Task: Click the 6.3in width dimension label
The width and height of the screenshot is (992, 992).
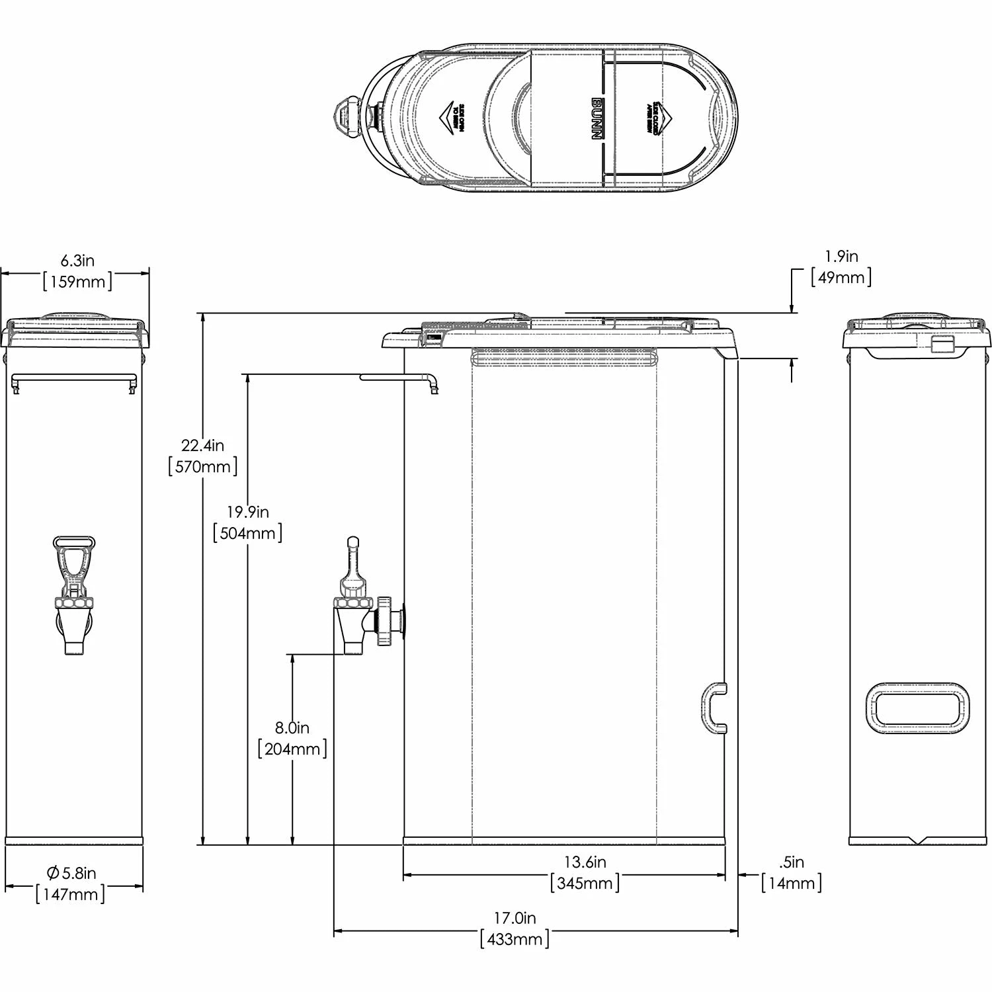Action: tap(77, 260)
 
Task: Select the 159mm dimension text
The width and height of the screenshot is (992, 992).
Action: tap(77, 281)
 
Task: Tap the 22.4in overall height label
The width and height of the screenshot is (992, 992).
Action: tap(202, 445)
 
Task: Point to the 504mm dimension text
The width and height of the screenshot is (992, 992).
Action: tap(247, 533)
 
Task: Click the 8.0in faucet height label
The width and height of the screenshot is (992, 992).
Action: tap(292, 728)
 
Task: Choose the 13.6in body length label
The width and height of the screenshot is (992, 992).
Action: tap(585, 862)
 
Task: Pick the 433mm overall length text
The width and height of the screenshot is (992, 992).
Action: tap(515, 939)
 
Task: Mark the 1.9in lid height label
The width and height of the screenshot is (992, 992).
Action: tap(841, 256)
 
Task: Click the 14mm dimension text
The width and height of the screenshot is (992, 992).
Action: tap(792, 883)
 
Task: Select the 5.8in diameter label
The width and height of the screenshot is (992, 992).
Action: tap(71, 873)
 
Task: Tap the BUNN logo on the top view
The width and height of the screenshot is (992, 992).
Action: tap(596, 119)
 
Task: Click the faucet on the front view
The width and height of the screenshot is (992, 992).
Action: tap(73, 595)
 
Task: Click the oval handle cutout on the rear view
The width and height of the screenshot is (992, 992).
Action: tap(917, 708)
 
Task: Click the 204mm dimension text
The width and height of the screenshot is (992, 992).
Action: tap(292, 749)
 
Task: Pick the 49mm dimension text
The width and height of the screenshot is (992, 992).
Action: tap(841, 277)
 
